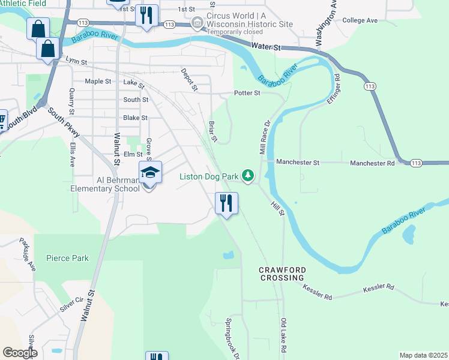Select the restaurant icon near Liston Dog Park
(226, 203)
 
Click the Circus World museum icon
(196, 23)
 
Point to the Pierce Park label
(67, 259)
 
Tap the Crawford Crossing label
(282, 274)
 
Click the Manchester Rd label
(372, 163)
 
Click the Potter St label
(247, 93)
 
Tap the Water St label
(266, 46)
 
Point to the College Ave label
(360, 20)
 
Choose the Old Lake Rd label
(283, 336)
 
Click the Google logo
(20, 352)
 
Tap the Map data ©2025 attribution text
(423, 355)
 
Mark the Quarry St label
(71, 101)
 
